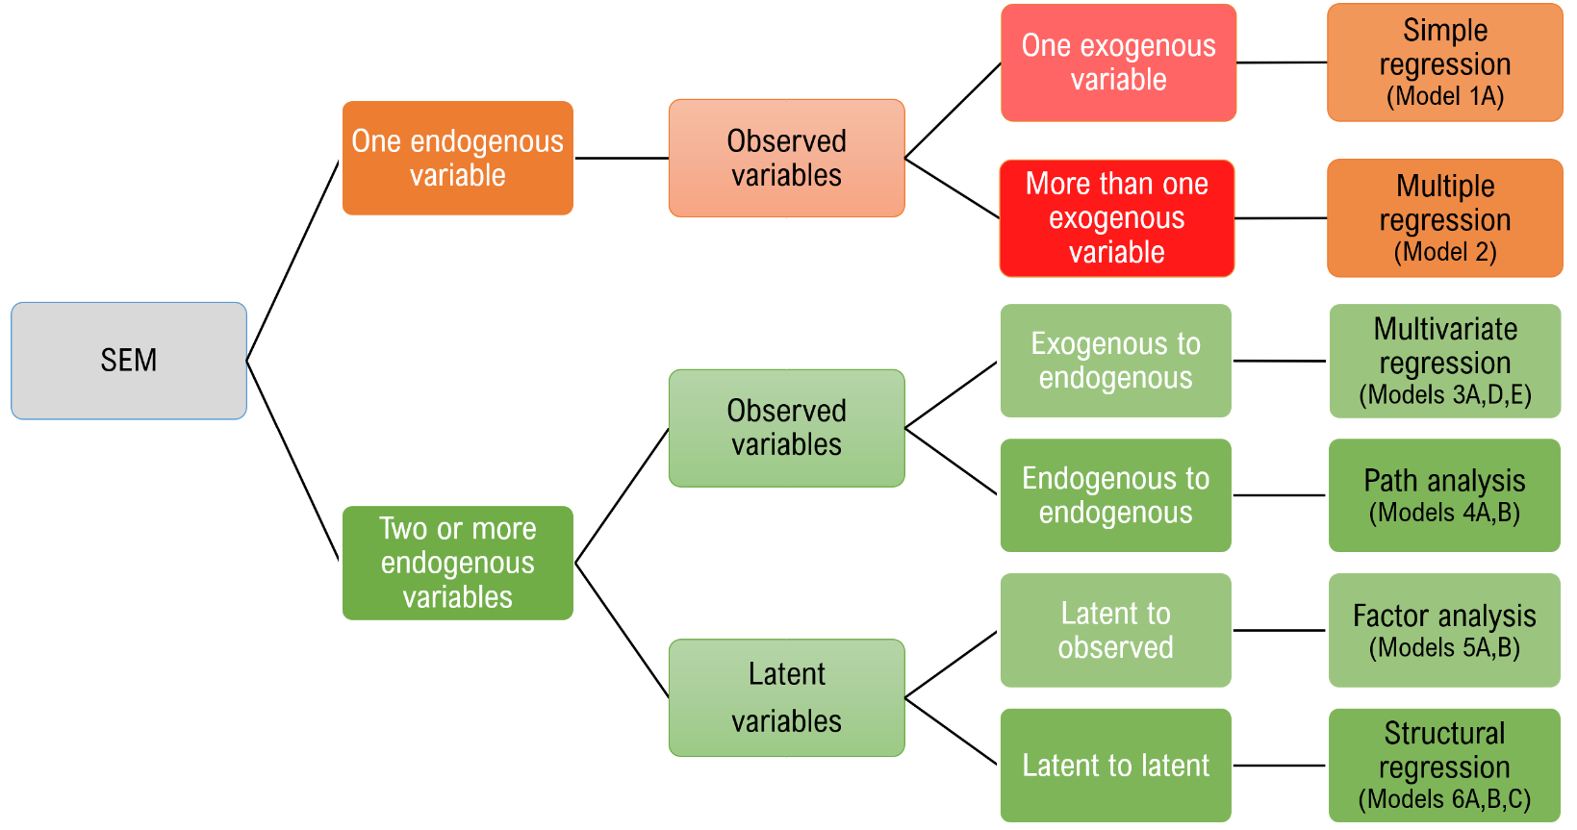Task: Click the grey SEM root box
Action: point(129,361)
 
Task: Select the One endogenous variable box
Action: point(458,158)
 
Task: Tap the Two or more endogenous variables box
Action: point(458,563)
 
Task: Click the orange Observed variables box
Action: point(786,158)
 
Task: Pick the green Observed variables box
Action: point(786,428)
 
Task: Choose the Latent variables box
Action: point(786,697)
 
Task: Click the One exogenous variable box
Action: point(1118,63)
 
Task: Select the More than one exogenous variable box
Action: point(1116,218)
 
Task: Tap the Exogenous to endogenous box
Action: point(1115,361)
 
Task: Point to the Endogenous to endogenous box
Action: point(1115,495)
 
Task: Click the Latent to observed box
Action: point(1115,630)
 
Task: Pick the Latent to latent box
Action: point(1115,766)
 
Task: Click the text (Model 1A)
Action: point(1444,96)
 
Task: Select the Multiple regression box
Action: point(1444,218)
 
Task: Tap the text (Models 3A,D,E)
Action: point(1444,395)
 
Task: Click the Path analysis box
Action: point(1444,495)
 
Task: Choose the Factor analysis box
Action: point(1444,630)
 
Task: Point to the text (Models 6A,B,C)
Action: point(1444,799)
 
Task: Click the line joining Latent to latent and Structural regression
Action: point(1280,766)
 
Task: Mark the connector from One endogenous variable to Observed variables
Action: point(621,158)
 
